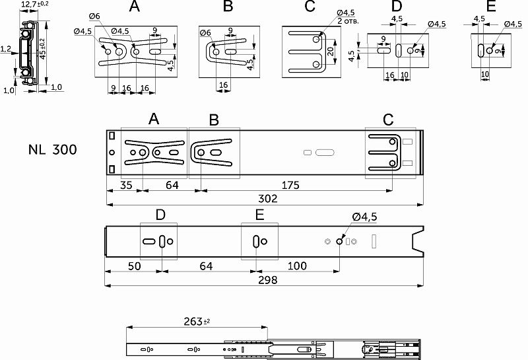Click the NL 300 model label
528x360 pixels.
coord(53,149)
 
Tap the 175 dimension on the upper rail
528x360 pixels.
coord(289,185)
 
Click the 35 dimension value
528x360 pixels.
coord(126,185)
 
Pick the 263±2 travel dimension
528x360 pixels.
coord(196,322)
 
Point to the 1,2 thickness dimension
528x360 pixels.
coord(5,49)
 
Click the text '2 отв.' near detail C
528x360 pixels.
coord(348,20)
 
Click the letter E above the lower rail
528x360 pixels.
coord(259,215)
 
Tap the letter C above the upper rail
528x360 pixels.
coord(388,120)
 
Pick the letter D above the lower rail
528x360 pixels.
coord(160,215)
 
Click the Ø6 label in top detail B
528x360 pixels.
coord(205,32)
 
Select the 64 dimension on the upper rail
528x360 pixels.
coord(172,185)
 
